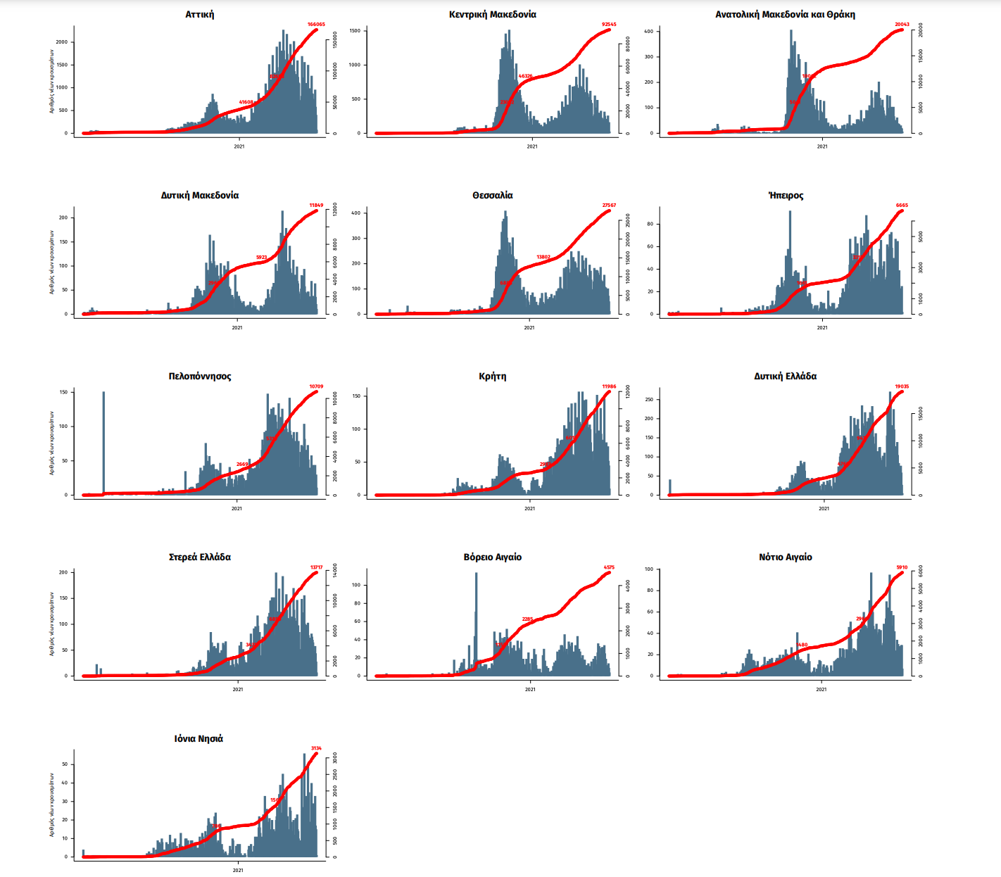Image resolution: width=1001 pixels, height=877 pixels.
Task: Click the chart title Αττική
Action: tap(200, 15)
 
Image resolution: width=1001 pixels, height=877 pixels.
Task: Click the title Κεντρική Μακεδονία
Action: tap(492, 15)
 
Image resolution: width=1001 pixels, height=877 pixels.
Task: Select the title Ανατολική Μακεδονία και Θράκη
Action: tap(785, 15)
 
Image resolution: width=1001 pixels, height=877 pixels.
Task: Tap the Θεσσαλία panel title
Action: tap(492, 196)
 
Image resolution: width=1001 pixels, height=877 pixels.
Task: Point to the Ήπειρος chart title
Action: tap(786, 196)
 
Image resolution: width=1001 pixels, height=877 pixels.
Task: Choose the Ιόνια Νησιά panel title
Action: tap(199, 739)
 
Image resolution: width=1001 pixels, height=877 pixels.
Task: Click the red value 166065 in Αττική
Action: tap(316, 25)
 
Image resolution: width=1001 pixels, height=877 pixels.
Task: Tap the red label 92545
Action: tap(609, 25)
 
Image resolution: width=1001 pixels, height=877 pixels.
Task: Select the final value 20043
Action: tap(902, 25)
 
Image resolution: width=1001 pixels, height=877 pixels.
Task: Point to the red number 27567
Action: tap(609, 206)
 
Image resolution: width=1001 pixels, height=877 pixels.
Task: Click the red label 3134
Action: tap(316, 748)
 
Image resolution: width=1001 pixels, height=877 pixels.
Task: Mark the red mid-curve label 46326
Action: tap(525, 76)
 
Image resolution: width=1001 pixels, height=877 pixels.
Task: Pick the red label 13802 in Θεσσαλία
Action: tap(543, 258)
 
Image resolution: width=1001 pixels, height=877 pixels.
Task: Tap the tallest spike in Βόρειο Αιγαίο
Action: tap(476, 612)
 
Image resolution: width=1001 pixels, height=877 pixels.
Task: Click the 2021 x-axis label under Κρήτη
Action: tap(529, 508)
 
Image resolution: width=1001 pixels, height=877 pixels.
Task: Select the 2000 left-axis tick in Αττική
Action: tap(62, 42)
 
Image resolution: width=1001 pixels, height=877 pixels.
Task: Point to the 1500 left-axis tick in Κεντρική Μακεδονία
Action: tap(355, 31)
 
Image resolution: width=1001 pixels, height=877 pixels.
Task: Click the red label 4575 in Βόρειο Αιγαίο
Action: tap(609, 567)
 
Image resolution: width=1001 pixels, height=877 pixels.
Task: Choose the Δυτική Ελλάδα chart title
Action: tap(785, 377)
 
